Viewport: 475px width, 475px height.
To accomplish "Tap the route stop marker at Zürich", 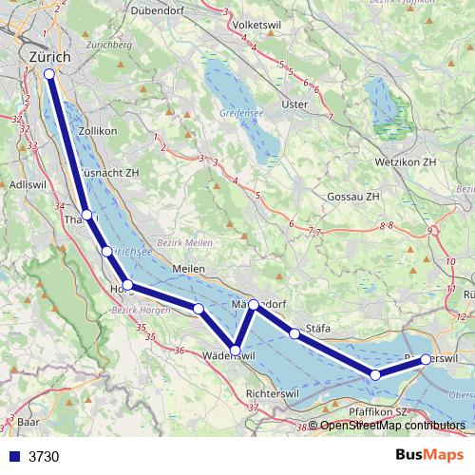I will (x=49, y=73).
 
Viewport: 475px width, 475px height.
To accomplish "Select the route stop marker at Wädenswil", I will (x=235, y=351).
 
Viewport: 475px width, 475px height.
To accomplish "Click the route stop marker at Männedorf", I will (x=254, y=305).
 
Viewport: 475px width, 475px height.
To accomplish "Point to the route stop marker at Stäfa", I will (x=295, y=333).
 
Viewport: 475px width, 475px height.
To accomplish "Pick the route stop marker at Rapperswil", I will (x=426, y=359).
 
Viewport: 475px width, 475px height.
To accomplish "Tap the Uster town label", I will (x=296, y=104).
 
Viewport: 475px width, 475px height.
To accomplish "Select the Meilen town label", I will (x=190, y=269).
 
